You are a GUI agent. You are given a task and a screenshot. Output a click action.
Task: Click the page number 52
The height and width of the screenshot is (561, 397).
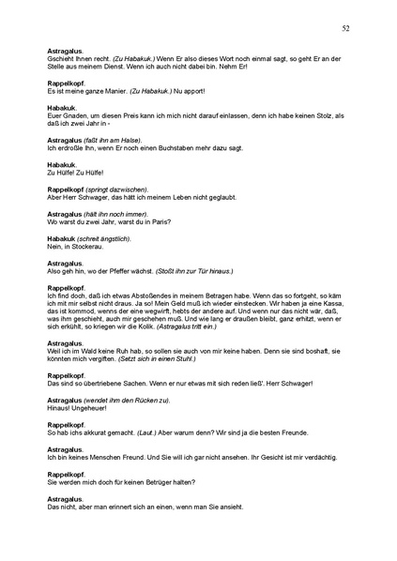[x=346, y=29]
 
